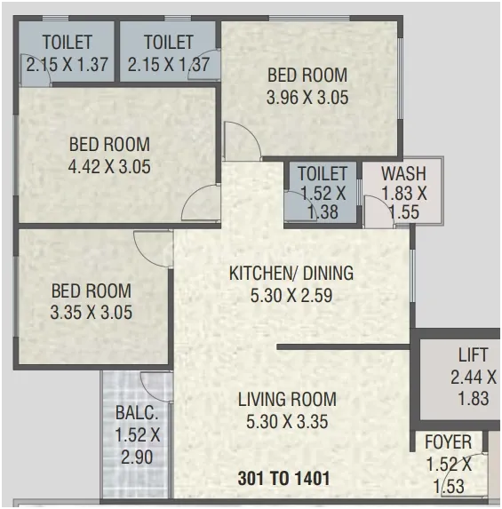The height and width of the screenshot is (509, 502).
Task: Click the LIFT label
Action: (x=473, y=354)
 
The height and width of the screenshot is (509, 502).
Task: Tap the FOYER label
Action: (x=448, y=441)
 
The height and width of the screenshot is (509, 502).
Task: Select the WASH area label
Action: (x=403, y=174)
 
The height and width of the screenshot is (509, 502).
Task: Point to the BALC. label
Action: (x=137, y=413)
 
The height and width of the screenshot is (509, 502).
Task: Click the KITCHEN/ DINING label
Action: (x=291, y=273)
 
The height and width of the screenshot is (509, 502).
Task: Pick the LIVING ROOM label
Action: (x=287, y=399)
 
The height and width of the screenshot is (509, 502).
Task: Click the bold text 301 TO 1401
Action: (x=283, y=478)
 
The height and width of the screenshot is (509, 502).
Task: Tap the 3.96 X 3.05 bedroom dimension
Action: (x=307, y=98)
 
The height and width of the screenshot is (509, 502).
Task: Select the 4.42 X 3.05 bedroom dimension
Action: (x=109, y=167)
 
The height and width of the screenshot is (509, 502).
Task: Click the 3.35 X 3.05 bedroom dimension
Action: (x=92, y=313)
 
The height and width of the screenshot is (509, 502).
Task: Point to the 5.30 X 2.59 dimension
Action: (x=291, y=296)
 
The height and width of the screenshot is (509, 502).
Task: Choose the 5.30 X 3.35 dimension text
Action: (x=287, y=422)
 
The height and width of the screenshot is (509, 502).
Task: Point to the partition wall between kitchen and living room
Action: (x=343, y=347)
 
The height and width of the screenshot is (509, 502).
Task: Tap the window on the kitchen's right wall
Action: (x=412, y=276)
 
